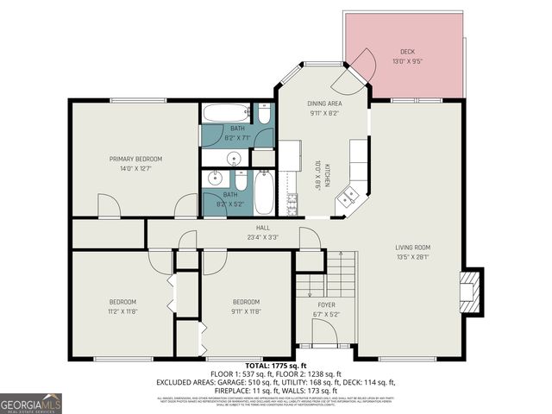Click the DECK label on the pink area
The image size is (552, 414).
408,51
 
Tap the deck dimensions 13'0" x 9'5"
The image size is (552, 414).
408,61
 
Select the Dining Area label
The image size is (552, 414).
324,103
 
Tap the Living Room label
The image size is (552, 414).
412,247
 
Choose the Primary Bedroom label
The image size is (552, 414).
135,159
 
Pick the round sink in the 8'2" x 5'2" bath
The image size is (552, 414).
216,179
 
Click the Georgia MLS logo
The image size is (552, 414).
30,404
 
